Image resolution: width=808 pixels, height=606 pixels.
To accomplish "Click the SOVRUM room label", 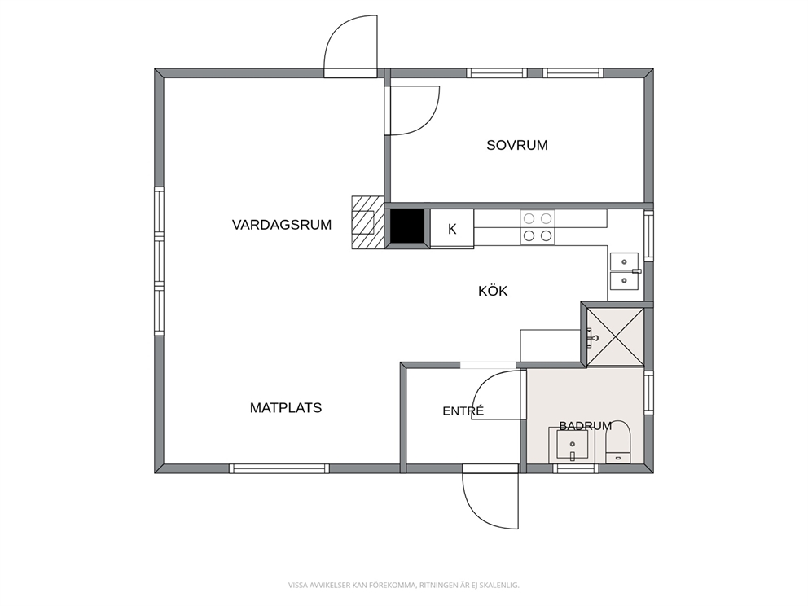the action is coord(517,145).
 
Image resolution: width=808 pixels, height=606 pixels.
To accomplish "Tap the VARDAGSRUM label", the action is coord(281,225).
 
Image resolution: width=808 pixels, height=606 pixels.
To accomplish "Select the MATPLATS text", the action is coord(285,408).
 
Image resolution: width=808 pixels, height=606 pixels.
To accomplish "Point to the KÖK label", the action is coord(493,291).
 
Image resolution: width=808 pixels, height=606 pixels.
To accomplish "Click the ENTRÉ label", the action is coord(463,411).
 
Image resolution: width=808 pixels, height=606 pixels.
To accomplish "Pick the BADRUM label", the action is coord(586,426).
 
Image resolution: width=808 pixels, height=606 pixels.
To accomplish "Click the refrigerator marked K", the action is coord(452,229).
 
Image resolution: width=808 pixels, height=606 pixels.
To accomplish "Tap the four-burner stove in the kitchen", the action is coord(538,227).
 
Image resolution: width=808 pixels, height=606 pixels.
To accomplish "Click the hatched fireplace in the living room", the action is coord(368,222).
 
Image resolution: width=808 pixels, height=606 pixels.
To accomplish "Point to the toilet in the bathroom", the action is coord(618,442).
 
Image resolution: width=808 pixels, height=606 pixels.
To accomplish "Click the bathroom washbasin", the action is coord(572,445).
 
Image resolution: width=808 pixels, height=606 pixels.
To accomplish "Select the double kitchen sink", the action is coord(624,271).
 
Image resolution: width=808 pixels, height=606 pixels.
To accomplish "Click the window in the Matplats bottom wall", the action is coord(279,468).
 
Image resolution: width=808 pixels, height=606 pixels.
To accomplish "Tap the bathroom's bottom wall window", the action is coord(576,468).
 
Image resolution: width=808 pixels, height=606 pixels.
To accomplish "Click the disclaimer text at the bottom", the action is coord(403,585).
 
